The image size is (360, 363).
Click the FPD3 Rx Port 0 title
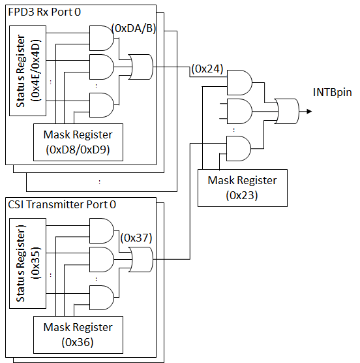[x=44, y=12]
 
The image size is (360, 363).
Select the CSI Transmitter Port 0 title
[x=62, y=204]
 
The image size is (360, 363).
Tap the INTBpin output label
[x=332, y=92]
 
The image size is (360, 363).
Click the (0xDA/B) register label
[x=134, y=28]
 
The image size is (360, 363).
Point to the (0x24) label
[x=207, y=69]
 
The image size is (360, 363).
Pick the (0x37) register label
[x=136, y=238]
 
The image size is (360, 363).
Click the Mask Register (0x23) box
[x=243, y=188]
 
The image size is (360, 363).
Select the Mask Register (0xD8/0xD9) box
[x=78, y=142]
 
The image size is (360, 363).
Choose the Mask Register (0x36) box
[x=78, y=335]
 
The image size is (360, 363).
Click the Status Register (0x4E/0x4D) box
[x=28, y=71]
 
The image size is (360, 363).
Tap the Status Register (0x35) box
[x=28, y=264]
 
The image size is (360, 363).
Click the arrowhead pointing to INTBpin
[x=309, y=112]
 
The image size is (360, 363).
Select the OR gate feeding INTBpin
[x=287, y=112]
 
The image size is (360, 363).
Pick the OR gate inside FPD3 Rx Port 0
[x=141, y=67]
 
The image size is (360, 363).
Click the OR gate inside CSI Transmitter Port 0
[x=141, y=259]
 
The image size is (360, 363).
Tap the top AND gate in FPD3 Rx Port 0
[x=102, y=39]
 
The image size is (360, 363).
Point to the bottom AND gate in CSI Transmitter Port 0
[x=102, y=298]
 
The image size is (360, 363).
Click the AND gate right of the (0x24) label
[x=240, y=83]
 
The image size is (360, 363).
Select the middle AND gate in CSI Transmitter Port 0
[x=102, y=259]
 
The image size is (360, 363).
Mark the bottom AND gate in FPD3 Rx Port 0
[x=102, y=105]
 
